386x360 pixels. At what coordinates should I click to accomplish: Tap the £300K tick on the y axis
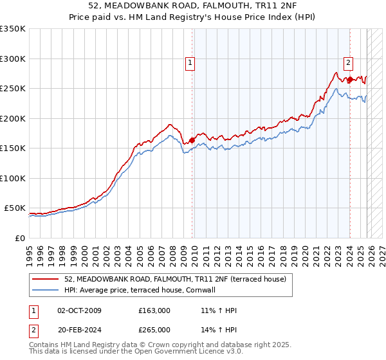pos(13,59)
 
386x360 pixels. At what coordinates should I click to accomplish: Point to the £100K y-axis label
pos(13,178)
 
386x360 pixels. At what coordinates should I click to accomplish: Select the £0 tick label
pos(19,238)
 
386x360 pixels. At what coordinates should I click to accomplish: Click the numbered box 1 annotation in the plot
pos(191,63)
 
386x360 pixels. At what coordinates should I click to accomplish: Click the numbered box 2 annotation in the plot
pos(348,63)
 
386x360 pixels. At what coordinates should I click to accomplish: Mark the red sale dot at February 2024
pos(350,80)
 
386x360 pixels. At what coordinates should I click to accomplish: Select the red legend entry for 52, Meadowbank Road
pos(179,279)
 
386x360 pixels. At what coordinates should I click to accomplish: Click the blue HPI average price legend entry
pos(143,290)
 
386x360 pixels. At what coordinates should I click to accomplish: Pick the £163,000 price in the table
pos(154,310)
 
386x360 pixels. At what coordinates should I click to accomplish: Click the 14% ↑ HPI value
pos(219,329)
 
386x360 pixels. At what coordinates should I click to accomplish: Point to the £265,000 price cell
pos(154,329)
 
